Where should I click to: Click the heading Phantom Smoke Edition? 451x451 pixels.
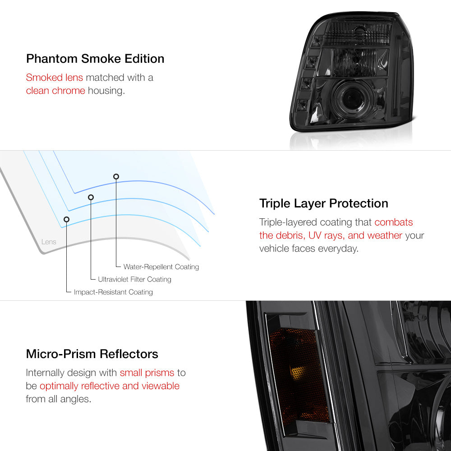pos(95,59)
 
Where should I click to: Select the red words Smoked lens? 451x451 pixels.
pos(55,78)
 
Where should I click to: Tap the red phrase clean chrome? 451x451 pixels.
pos(55,91)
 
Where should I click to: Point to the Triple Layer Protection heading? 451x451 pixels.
pos(323,203)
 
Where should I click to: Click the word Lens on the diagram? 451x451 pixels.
pos(49,242)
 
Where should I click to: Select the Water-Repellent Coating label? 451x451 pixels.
pos(161,267)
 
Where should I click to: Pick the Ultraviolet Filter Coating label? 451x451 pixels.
pos(134,279)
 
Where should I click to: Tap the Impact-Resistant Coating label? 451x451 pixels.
pos(113,292)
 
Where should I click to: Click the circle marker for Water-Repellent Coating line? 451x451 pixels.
pos(116,177)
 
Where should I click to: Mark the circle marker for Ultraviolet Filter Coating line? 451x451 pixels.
pos(91,198)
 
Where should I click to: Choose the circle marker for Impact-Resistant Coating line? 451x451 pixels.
pos(66,220)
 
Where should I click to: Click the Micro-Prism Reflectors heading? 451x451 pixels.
pos(92,354)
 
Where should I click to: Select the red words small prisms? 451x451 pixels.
pos(147,373)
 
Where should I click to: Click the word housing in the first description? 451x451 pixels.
pos(106,91)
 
